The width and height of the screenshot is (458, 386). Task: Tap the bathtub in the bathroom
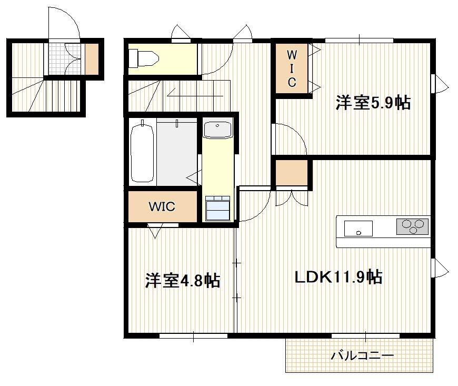click(x=142, y=152)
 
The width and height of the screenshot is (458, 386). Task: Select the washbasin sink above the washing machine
click(x=217, y=129)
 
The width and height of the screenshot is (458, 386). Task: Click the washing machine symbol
click(x=217, y=209)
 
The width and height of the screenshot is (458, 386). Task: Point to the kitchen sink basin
click(x=359, y=229)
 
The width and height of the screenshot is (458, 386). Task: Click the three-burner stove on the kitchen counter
click(x=412, y=226)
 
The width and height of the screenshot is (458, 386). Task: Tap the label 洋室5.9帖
click(x=373, y=103)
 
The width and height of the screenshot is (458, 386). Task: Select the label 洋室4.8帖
click(x=182, y=280)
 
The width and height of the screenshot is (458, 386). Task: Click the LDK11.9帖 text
click(x=337, y=276)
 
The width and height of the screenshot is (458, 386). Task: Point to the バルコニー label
click(x=362, y=356)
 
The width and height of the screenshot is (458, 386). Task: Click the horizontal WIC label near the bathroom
click(x=161, y=207)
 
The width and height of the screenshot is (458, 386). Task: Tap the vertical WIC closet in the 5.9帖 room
click(x=292, y=68)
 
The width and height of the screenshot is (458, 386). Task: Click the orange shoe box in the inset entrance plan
click(x=92, y=58)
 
